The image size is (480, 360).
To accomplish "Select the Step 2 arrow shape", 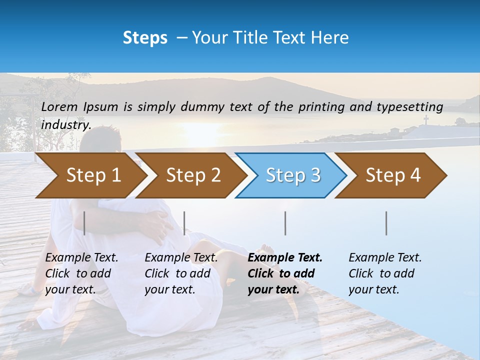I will point(192,175).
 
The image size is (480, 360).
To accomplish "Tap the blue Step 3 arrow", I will point(292,175).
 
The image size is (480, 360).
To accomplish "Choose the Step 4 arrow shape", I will point(392,175).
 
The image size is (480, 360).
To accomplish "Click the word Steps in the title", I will point(145,38).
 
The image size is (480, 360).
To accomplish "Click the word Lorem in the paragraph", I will point(60,106).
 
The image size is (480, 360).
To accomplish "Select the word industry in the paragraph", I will point(66,124).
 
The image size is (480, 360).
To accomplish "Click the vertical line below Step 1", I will point(84,223).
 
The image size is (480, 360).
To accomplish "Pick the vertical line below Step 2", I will point(184,223).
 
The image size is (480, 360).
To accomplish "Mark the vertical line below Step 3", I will point(285,223).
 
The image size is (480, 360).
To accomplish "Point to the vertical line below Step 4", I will point(386,223).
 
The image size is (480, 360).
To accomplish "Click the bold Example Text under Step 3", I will point(285,258).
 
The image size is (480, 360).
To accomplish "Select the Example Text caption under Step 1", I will point(81,258).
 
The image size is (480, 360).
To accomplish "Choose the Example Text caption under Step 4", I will point(385,258).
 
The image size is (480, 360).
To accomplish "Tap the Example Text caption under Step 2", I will point(181,258).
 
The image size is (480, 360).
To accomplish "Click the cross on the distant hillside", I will point(426,119).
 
